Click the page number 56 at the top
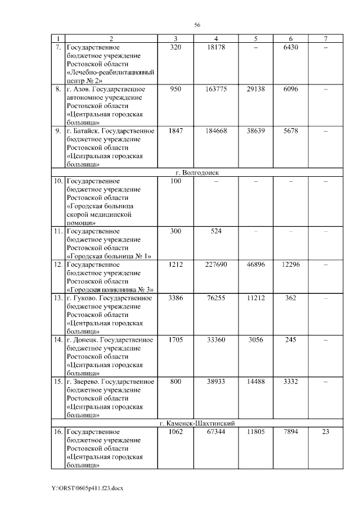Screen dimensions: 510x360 197,24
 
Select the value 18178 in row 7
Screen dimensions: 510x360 216,48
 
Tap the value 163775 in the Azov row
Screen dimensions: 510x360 216,89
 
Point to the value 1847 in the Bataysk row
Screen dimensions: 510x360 176,131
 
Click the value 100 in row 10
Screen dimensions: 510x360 176,181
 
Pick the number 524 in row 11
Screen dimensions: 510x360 216,231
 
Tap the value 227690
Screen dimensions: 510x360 216,264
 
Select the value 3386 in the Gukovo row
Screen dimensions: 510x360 176,298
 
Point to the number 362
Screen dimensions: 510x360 290,298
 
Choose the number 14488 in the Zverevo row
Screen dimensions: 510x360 255,381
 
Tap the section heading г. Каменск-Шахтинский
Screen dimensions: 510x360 197,423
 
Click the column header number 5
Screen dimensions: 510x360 255,38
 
